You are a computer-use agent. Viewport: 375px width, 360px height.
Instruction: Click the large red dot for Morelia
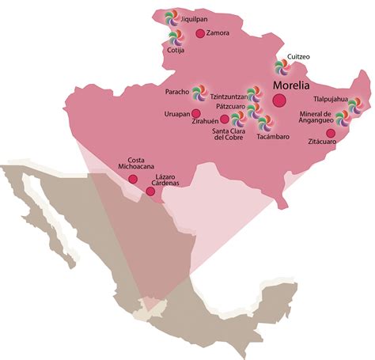click(278, 100)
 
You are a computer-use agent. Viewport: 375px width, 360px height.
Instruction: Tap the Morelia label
click(290, 83)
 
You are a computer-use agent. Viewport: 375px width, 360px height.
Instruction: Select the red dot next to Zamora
click(199, 33)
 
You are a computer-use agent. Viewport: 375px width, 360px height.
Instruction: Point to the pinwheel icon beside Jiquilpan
click(170, 17)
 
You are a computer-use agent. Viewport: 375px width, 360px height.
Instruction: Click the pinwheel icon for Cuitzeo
click(281, 67)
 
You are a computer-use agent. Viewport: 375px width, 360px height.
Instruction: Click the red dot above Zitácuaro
click(330, 132)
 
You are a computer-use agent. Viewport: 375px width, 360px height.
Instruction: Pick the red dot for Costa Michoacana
click(133, 180)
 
